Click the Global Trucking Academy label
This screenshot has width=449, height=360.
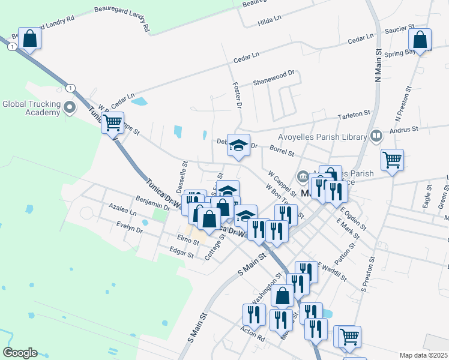[x=31, y=108]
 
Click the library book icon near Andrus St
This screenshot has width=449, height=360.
[x=376, y=136]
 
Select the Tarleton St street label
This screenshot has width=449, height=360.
[x=354, y=113]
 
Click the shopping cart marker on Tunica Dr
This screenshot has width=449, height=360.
[x=112, y=123]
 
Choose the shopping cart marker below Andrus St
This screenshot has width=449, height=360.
[x=392, y=160]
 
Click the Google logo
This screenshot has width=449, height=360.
[x=20, y=353]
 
